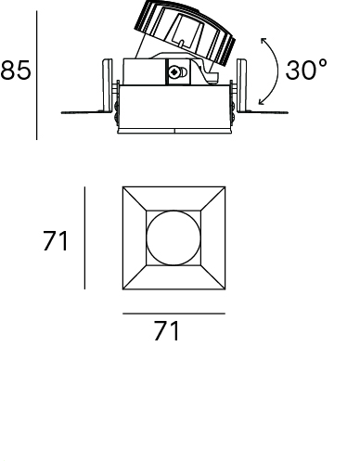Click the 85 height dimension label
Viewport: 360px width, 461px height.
[x=16, y=70]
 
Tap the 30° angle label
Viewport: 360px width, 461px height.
[x=305, y=70]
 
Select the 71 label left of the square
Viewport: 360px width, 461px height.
[x=56, y=241]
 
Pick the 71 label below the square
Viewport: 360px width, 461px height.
[x=166, y=330]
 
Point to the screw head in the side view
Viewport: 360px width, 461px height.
[x=174, y=72]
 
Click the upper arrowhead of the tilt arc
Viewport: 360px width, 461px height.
[x=264, y=41]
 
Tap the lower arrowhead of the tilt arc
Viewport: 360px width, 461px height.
[x=262, y=101]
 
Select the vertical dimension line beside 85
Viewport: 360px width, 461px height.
[x=37, y=75]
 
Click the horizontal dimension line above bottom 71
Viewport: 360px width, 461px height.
[x=174, y=314]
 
